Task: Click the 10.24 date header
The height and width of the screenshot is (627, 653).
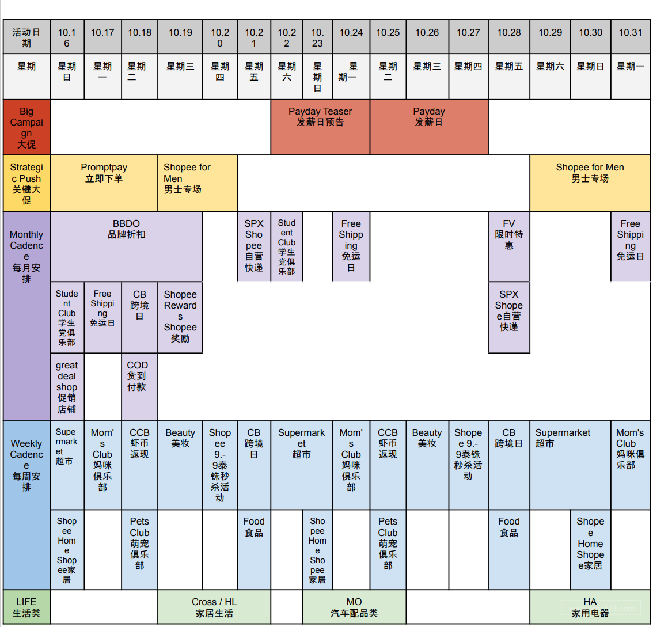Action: click(351, 33)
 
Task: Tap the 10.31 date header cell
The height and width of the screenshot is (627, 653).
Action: click(630, 33)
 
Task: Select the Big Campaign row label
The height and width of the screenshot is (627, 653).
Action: click(26, 127)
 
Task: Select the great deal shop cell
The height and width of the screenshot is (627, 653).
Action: click(67, 386)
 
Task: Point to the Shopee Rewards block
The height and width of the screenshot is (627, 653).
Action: click(180, 316)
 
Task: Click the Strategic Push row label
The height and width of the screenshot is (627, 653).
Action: click(26, 183)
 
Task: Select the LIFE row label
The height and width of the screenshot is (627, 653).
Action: click(26, 607)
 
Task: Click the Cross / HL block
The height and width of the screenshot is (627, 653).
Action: click(214, 607)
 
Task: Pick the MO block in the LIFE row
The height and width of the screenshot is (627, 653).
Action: click(354, 607)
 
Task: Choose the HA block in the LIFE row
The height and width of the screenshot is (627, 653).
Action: click(590, 607)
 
